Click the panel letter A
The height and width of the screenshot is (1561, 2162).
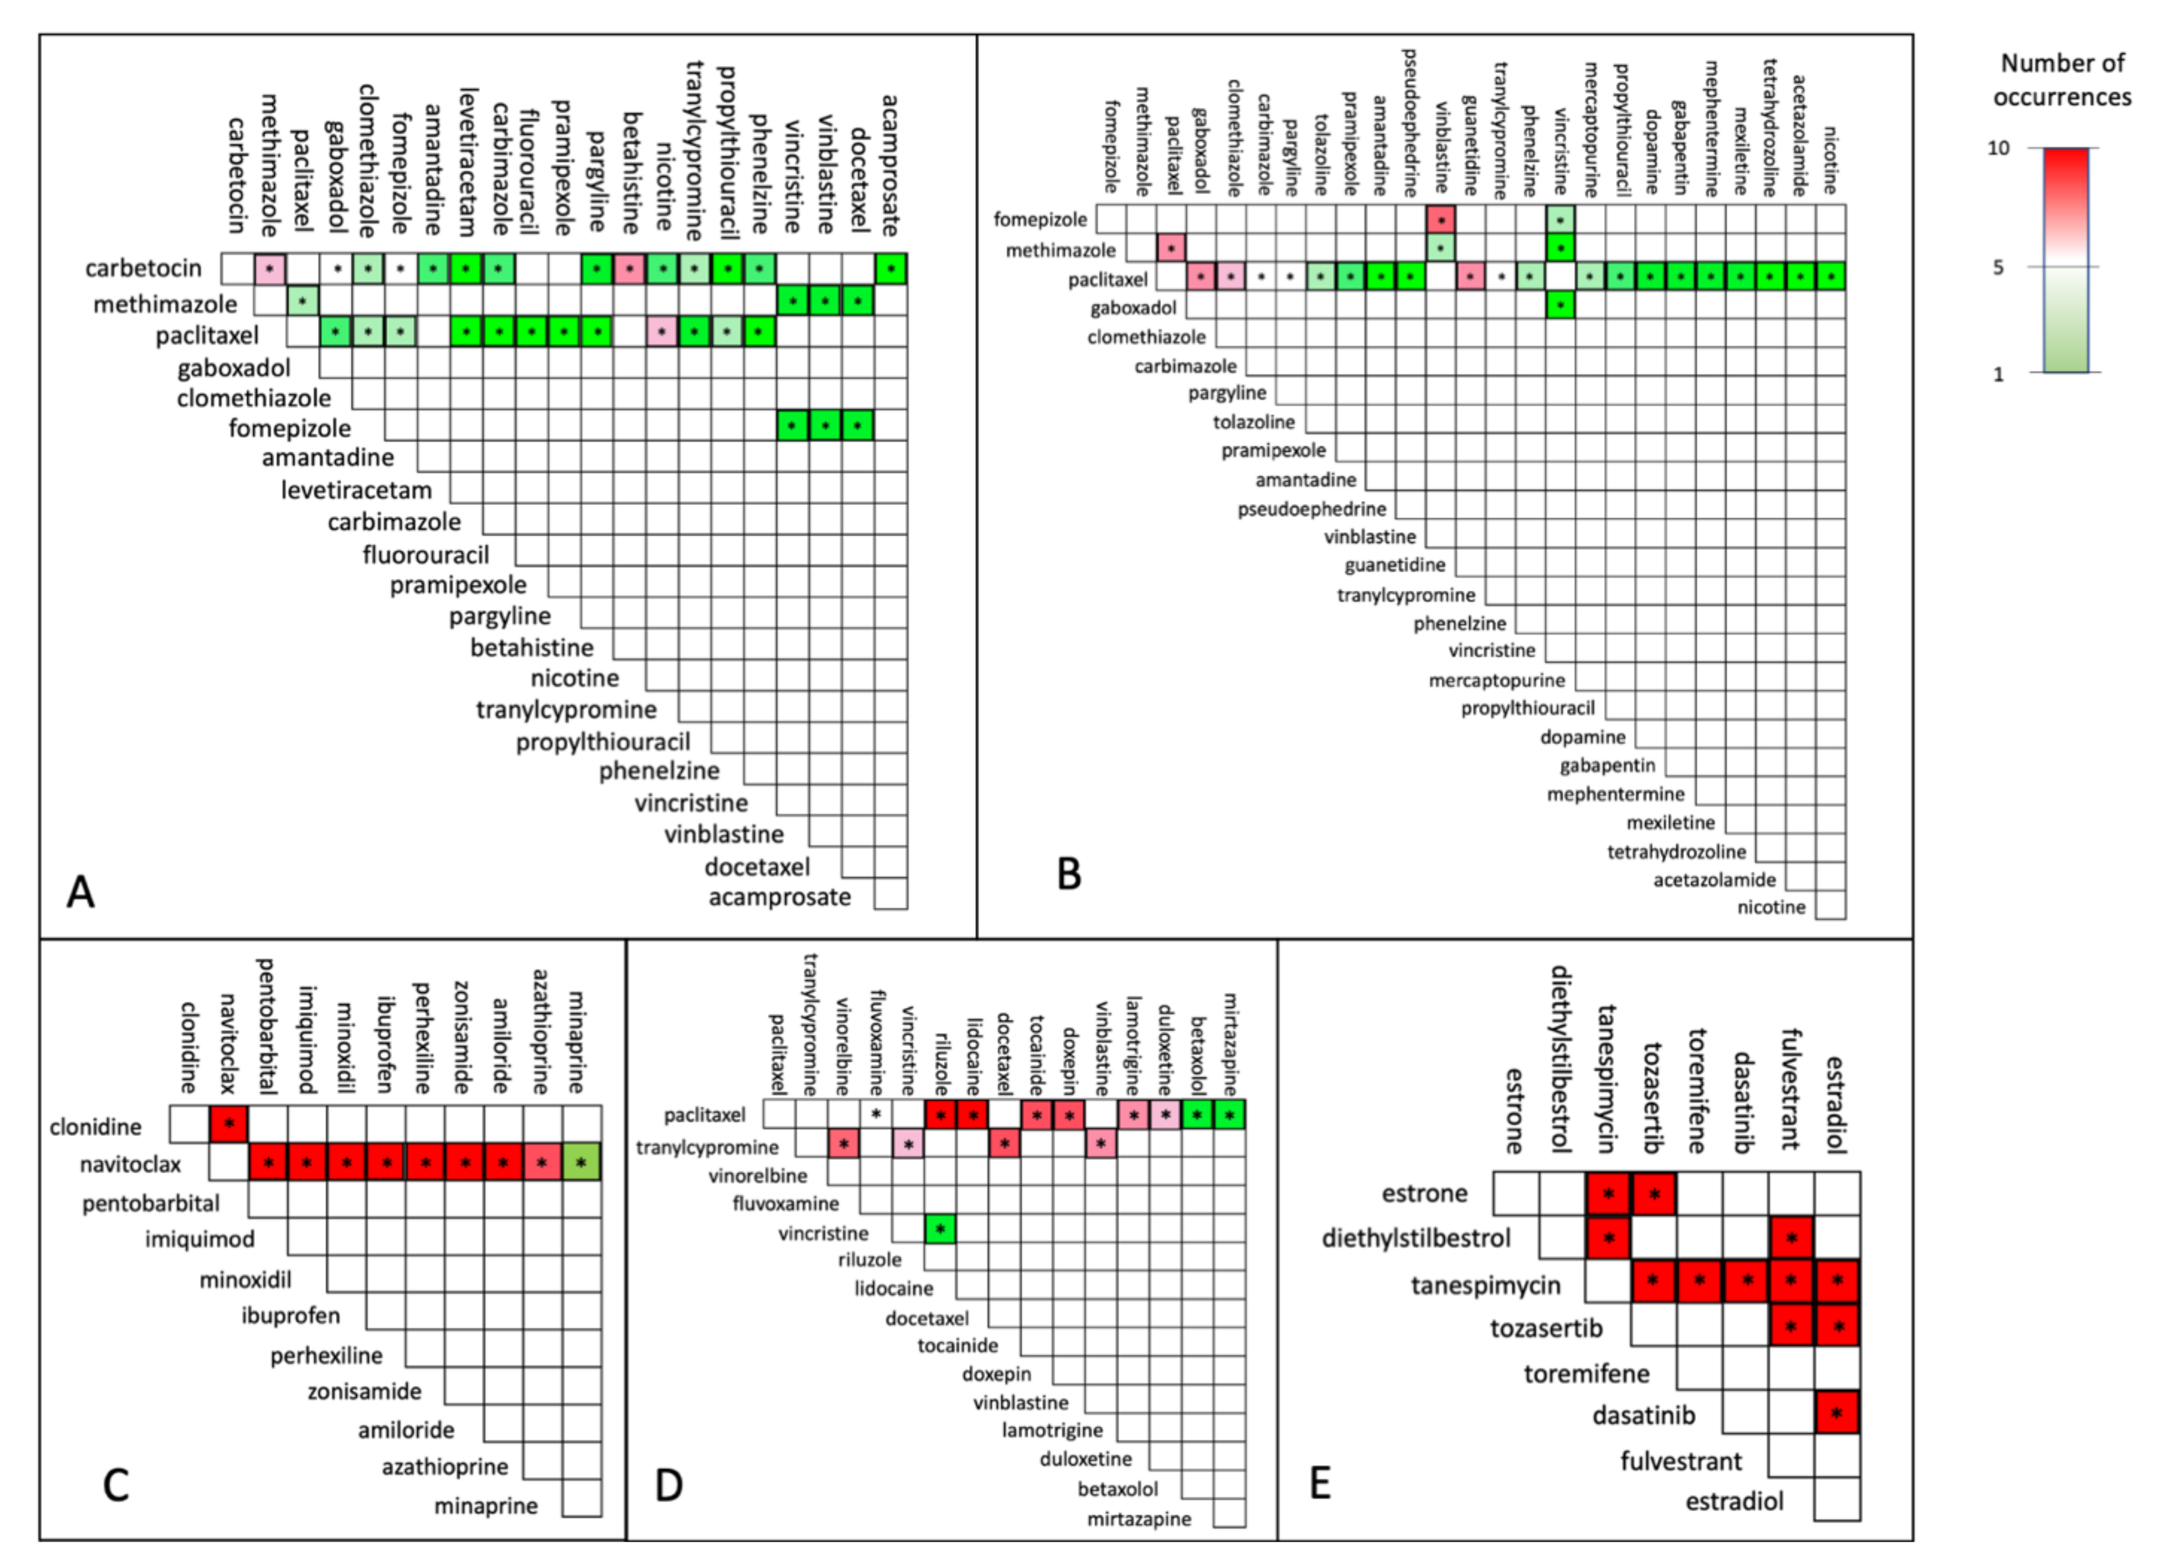(81, 893)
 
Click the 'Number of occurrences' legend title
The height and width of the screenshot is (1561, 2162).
(2062, 80)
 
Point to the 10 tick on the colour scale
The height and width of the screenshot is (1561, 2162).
(1999, 148)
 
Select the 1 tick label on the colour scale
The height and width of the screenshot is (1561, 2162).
(1999, 374)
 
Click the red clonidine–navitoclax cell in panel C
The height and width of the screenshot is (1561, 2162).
(229, 1124)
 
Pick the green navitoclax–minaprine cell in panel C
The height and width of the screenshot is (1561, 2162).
(580, 1162)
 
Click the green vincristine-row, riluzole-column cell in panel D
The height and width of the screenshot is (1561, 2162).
(940, 1229)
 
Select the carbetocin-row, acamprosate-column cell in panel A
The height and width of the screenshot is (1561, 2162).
(891, 269)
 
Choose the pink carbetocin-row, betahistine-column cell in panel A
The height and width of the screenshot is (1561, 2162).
(630, 269)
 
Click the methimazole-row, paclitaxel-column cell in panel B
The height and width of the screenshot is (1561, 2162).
(1171, 249)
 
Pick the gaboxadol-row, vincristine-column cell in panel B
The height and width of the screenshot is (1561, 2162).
(1560, 305)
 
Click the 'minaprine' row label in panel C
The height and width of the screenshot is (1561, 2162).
(486, 1505)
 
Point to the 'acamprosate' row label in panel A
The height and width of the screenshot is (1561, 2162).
(780, 897)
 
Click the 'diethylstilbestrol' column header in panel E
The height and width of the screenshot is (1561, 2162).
(1561, 1058)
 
